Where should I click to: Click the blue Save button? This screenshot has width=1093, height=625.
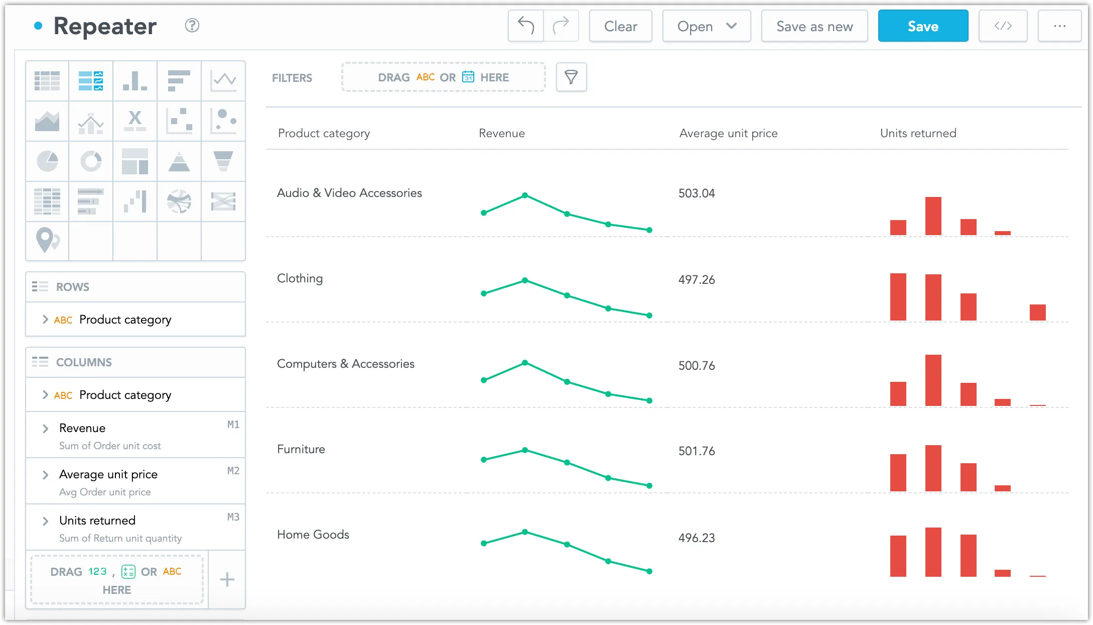[x=922, y=26]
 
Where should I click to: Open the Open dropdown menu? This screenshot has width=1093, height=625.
[x=706, y=26]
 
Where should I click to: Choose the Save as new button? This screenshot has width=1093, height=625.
[x=814, y=26]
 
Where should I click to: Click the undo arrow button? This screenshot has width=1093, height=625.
[x=525, y=26]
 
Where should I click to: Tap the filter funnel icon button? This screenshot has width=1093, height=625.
[x=571, y=77]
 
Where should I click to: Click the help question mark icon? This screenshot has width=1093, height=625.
[x=192, y=26]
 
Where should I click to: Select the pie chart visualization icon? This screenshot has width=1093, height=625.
[x=47, y=161]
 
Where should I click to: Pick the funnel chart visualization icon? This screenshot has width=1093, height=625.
[x=223, y=161]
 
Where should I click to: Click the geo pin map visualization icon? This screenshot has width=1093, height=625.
[x=47, y=240]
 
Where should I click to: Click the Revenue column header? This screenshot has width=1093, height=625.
[x=501, y=133]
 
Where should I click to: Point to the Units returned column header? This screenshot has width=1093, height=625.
[x=918, y=133]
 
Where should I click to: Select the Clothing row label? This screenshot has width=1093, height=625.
[x=300, y=278]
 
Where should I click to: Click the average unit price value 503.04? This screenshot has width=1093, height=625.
[x=697, y=193]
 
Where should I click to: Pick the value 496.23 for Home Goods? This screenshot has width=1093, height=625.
[x=697, y=538]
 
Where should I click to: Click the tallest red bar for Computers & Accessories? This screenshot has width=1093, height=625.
[x=933, y=380]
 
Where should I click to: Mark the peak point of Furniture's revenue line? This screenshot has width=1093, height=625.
[x=525, y=450]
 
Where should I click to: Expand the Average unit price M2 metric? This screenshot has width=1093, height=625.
[x=46, y=475]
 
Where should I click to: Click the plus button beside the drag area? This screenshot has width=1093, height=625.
[x=227, y=580]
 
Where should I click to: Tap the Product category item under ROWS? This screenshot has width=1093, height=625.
[x=125, y=320]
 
